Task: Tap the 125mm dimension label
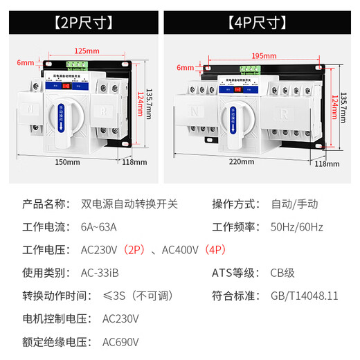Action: point(85,51)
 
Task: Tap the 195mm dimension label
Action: point(261,55)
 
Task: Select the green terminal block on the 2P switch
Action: point(80,66)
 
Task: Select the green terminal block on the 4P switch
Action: point(249,69)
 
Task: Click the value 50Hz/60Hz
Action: point(296,226)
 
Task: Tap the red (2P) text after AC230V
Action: point(137,249)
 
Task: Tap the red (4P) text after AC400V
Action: point(214,249)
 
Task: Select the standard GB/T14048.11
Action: point(305,296)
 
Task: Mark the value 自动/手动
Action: point(293,204)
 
